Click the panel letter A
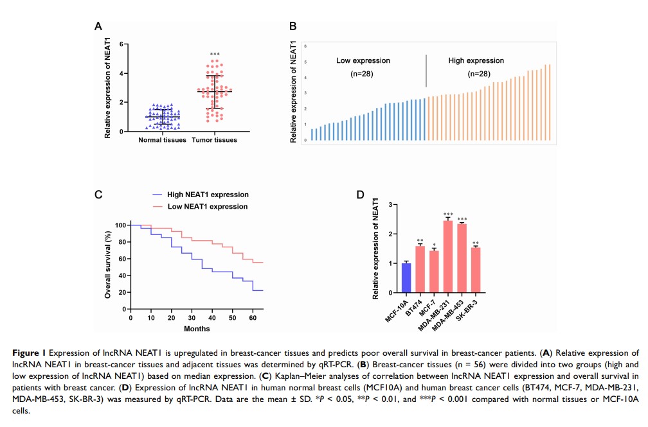click(98, 27)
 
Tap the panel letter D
click(361, 195)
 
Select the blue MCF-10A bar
click(406, 278)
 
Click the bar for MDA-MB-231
click(448, 257)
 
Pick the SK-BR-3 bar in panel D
click(476, 270)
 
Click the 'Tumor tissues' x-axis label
click(215, 140)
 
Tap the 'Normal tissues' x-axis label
click(162, 140)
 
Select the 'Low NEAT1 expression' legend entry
click(208, 206)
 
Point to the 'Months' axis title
click(197, 329)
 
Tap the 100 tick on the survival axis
click(121, 225)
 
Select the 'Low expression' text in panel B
click(363, 61)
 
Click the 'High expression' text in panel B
click(476, 61)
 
